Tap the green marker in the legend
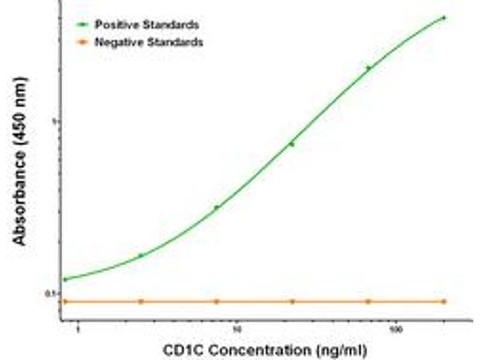[x=83, y=25]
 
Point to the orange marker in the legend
[x=83, y=42]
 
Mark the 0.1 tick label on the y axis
[x=53, y=293]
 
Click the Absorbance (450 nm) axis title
[x=20, y=160]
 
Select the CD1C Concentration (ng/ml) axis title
[x=263, y=349]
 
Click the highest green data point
[x=444, y=17]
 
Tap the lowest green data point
[x=65, y=279]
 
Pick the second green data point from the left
[x=141, y=256]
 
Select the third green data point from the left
[x=217, y=208]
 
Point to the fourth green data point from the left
[x=292, y=144]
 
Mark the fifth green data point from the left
[x=368, y=68]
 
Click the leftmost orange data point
[x=65, y=301]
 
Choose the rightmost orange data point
[x=444, y=301]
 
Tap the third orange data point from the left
[x=217, y=301]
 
